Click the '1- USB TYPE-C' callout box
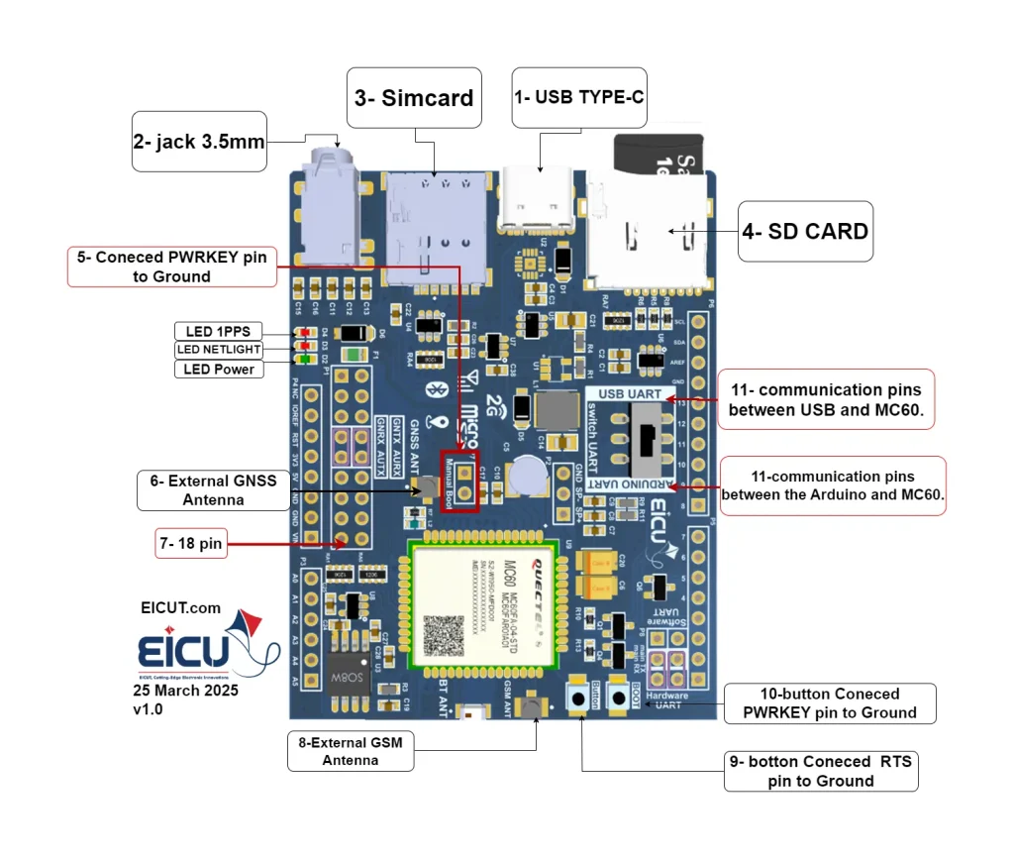pyautogui.click(x=578, y=97)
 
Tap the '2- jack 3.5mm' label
pyautogui.click(x=199, y=142)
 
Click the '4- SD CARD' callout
pyautogui.click(x=805, y=232)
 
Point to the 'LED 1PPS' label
pyautogui.click(x=218, y=331)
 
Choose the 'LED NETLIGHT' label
pyautogui.click(x=218, y=350)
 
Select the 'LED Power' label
pyautogui.click(x=218, y=369)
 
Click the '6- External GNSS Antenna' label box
pyautogui.click(x=214, y=490)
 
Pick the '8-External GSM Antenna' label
pyautogui.click(x=350, y=751)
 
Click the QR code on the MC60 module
pyautogui.click(x=444, y=635)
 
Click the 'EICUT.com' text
pyautogui.click(x=181, y=607)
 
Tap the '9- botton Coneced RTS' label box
pyautogui.click(x=821, y=771)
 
